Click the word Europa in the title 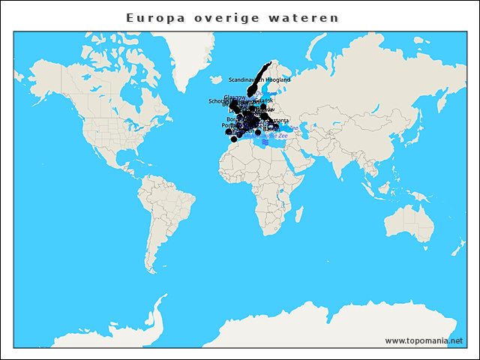151,17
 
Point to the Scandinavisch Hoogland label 259,79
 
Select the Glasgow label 235,97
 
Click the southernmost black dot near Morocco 234,139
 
